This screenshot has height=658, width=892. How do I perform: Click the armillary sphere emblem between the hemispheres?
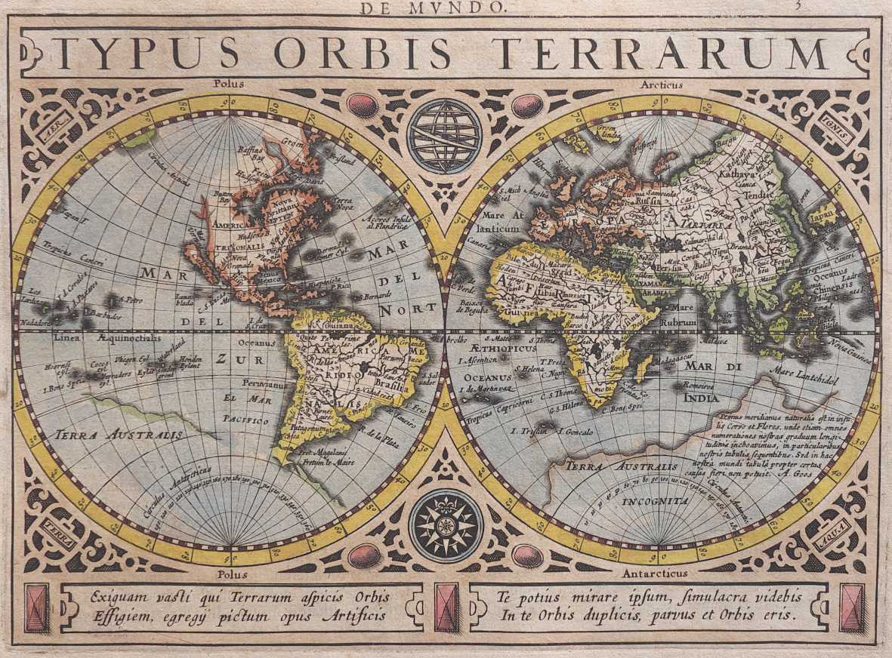tap(445, 137)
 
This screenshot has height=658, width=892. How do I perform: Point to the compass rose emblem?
tap(446, 525)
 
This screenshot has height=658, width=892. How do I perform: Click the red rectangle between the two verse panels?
tap(446, 607)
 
